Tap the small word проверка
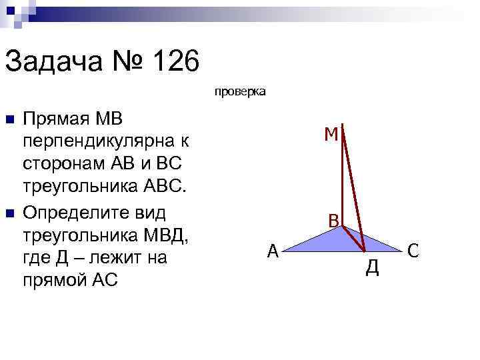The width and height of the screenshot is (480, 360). point(240,91)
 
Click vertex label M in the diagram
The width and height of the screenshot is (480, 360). point(331,135)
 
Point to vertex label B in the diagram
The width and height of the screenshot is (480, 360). point(333,220)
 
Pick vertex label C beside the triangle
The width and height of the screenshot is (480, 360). point(413,251)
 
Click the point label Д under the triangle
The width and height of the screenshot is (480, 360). point(373,268)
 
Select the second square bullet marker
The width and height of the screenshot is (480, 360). point(9,213)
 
